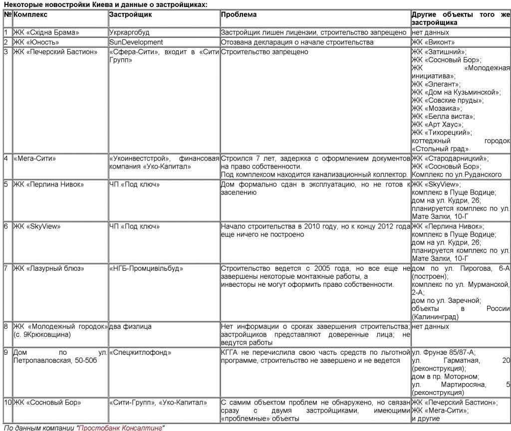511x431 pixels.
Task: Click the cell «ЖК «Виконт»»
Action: point(433,42)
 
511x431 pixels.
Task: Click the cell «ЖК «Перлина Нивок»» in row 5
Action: point(48,185)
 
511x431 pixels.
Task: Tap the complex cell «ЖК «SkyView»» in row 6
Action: point(37,226)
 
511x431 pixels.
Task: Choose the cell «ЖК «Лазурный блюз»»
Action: point(49,268)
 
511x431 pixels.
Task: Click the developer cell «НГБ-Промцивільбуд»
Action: point(146,268)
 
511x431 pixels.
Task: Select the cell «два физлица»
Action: point(130,327)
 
